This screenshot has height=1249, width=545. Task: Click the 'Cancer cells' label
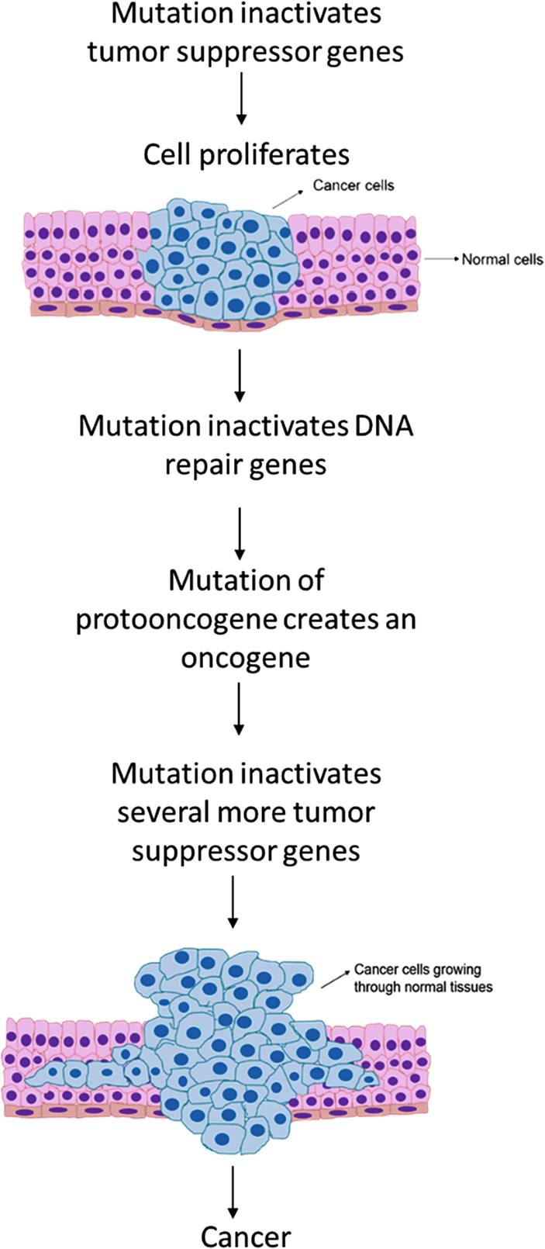(x=354, y=185)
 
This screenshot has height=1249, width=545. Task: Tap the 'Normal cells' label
(x=502, y=259)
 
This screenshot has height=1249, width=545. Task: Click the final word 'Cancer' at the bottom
(x=246, y=1236)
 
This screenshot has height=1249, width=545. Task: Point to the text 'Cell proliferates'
(x=247, y=154)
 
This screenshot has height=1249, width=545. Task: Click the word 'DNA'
(x=385, y=426)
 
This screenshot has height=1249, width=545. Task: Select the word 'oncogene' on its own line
(x=246, y=659)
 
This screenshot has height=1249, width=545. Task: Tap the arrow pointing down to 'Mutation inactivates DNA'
(x=240, y=375)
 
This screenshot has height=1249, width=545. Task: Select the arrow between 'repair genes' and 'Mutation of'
(x=240, y=533)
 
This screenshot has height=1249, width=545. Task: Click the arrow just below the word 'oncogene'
(x=239, y=709)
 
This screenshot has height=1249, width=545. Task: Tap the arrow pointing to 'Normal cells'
(x=443, y=259)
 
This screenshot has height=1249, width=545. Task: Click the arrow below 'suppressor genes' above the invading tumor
(x=233, y=901)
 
